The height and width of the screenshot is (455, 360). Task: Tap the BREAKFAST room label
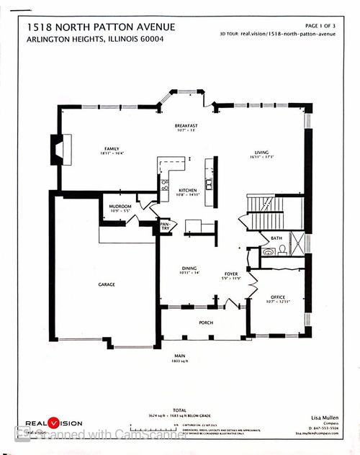(x=186, y=126)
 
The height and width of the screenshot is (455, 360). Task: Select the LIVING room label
(x=261, y=152)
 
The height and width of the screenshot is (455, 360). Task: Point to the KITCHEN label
(x=187, y=191)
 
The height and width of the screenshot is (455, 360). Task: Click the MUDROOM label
(x=119, y=206)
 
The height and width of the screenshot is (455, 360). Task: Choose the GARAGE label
(x=107, y=284)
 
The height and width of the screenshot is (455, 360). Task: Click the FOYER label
(x=231, y=274)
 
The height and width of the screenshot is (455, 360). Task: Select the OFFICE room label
(x=278, y=297)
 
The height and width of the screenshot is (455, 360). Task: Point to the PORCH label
(x=206, y=322)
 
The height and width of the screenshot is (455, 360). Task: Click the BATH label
(x=276, y=238)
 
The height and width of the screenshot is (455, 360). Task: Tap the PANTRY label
(x=165, y=227)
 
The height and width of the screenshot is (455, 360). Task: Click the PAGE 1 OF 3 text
(x=325, y=25)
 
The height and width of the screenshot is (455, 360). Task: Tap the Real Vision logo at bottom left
(x=54, y=423)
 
